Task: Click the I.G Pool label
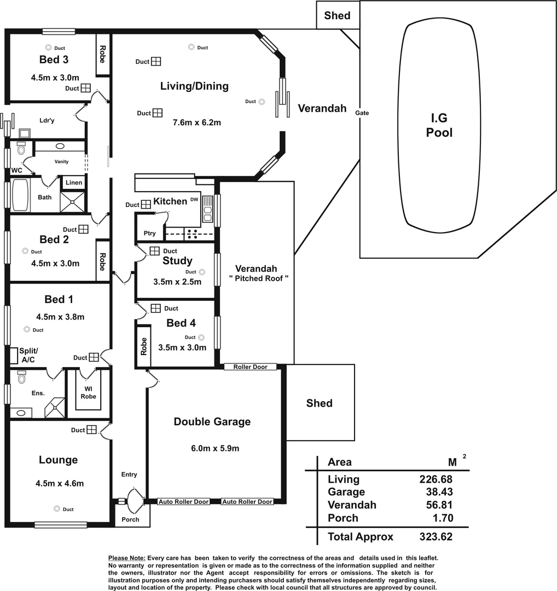point(439,125)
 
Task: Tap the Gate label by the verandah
point(362,113)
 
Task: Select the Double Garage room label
point(212,421)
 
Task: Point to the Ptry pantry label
point(149,233)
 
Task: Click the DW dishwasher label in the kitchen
point(194,200)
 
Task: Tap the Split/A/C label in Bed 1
point(28,355)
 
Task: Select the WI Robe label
point(88,392)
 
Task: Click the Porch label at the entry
point(130,519)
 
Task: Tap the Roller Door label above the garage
point(250,367)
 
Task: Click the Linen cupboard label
point(74,183)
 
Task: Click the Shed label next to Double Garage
point(320,403)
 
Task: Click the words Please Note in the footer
point(127,558)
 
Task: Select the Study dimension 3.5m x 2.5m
point(177,282)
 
